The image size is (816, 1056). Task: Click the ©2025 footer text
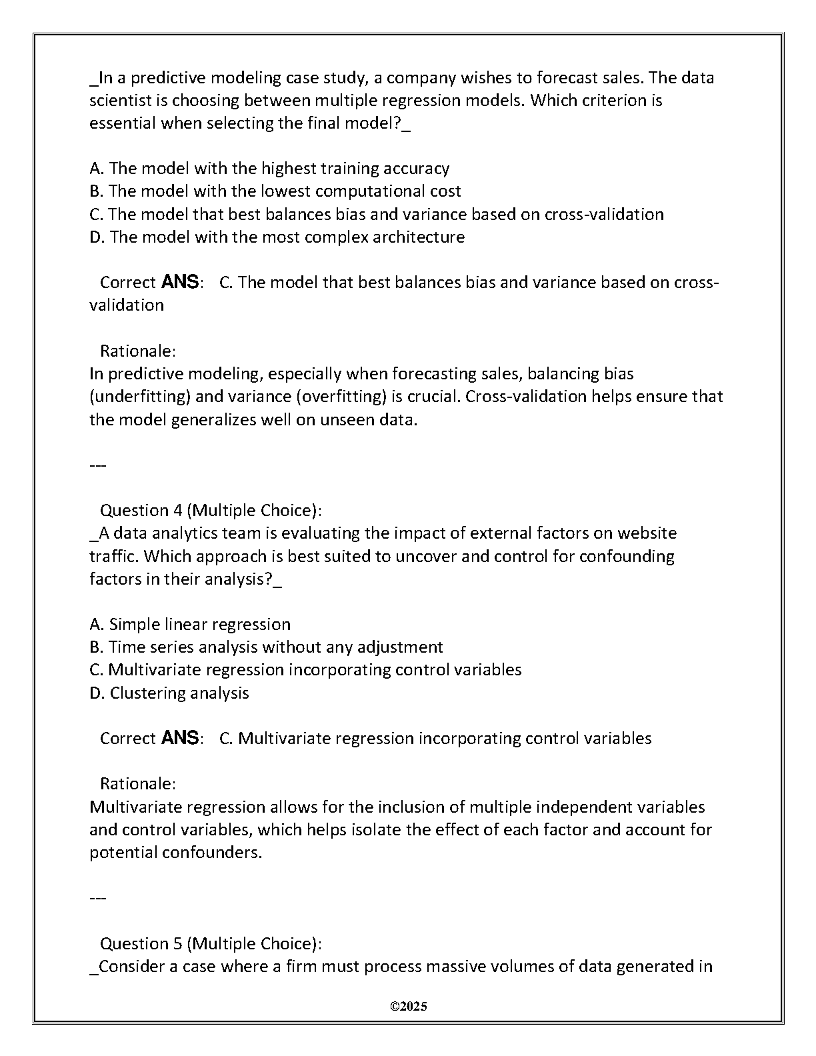408,1007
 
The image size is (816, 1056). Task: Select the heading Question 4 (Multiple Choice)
210,511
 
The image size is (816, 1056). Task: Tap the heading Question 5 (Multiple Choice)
210,944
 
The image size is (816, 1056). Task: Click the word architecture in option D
417,237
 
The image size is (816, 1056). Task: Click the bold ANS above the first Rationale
180,282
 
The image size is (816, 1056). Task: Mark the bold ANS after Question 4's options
180,738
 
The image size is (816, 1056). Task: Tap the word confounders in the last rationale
212,853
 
